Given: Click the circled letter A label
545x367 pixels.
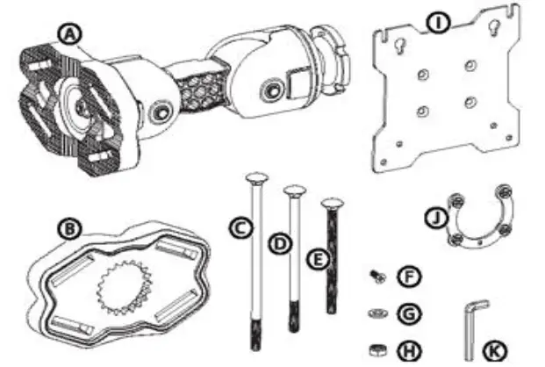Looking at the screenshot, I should point(68,34).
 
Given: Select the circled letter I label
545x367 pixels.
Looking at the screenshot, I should point(435,18).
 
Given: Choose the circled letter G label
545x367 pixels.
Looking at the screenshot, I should point(408,312).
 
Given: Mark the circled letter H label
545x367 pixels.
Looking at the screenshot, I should point(408,349).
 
